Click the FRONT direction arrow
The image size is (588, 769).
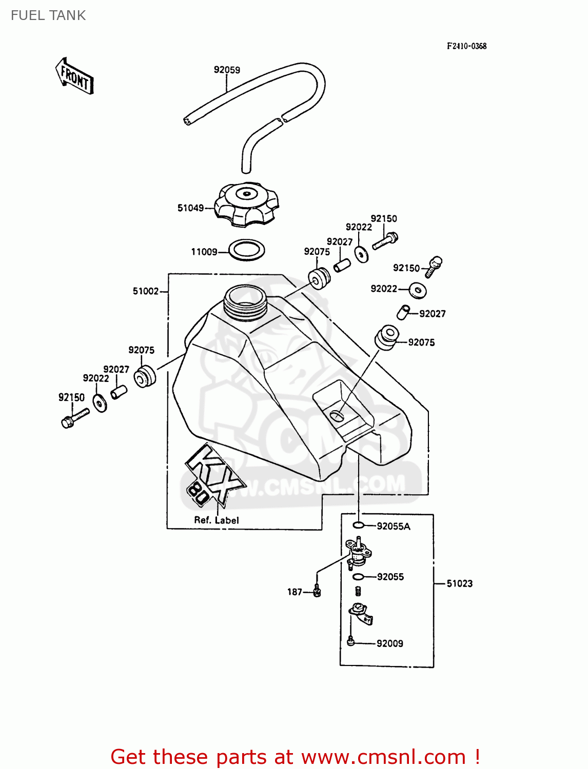click(x=74, y=76)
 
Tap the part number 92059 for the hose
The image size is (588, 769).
click(x=227, y=70)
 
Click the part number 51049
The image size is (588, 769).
click(x=190, y=208)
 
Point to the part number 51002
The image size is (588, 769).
click(x=146, y=291)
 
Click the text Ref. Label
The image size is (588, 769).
click(x=216, y=520)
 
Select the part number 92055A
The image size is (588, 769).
click(x=393, y=526)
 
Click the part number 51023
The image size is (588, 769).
click(x=459, y=583)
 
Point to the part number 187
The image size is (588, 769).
click(x=295, y=592)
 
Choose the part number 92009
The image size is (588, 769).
click(x=389, y=643)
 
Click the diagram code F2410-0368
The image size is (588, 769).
click(x=466, y=46)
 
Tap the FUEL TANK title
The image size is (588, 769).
click(x=48, y=15)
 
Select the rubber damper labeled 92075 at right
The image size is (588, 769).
click(x=386, y=337)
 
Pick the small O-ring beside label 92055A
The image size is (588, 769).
click(x=358, y=525)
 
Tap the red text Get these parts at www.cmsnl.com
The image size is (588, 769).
click(x=295, y=757)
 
